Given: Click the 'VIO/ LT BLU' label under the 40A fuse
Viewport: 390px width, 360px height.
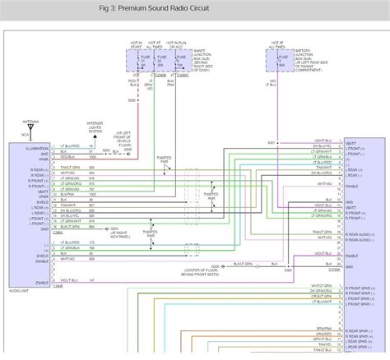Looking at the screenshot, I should point(272,83).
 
